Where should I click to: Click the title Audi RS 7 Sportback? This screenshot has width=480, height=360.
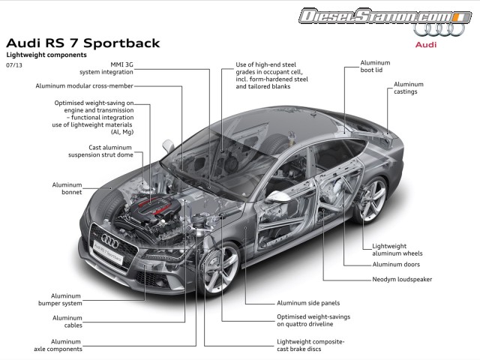tap(82, 42)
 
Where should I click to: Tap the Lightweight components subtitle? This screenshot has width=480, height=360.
tap(46, 55)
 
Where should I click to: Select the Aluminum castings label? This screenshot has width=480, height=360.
tap(408, 88)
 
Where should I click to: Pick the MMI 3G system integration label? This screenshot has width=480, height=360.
tap(106, 68)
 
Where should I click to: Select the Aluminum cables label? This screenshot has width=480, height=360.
tap(67, 322)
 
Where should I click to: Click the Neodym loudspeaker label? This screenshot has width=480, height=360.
tap(402, 280)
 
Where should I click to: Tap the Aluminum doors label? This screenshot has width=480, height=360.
tap(396, 264)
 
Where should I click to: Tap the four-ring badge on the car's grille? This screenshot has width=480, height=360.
tap(109, 241)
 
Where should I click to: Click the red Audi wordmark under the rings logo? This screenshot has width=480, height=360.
tap(427, 44)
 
